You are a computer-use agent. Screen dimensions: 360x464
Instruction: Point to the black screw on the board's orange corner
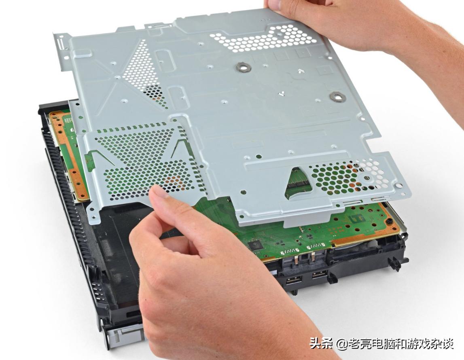pos(389,222)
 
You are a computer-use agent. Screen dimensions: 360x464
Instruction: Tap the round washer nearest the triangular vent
pos(243,68)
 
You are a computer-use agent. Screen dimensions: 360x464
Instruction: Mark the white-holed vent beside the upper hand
pos(265,38)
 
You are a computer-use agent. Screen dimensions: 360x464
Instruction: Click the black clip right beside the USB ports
pos(332,277)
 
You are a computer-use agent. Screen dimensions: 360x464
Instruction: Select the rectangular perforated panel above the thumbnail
pos(146,162)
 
